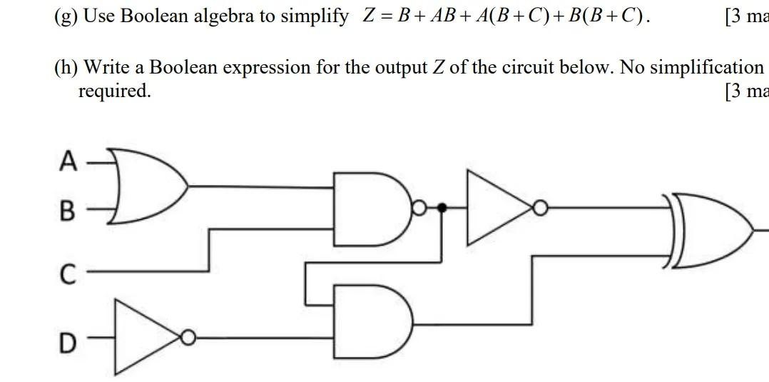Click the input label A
pyautogui.click(x=68, y=161)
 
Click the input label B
pyautogui.click(x=67, y=211)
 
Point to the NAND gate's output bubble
pyautogui.click(x=419, y=208)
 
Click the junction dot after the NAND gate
pyautogui.click(x=442, y=208)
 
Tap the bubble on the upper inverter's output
pyautogui.click(x=541, y=208)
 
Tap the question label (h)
pyautogui.click(x=67, y=67)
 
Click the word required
pyautogui.click(x=114, y=91)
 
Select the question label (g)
pyautogui.click(x=67, y=16)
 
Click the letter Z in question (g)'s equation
pyautogui.click(x=369, y=16)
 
